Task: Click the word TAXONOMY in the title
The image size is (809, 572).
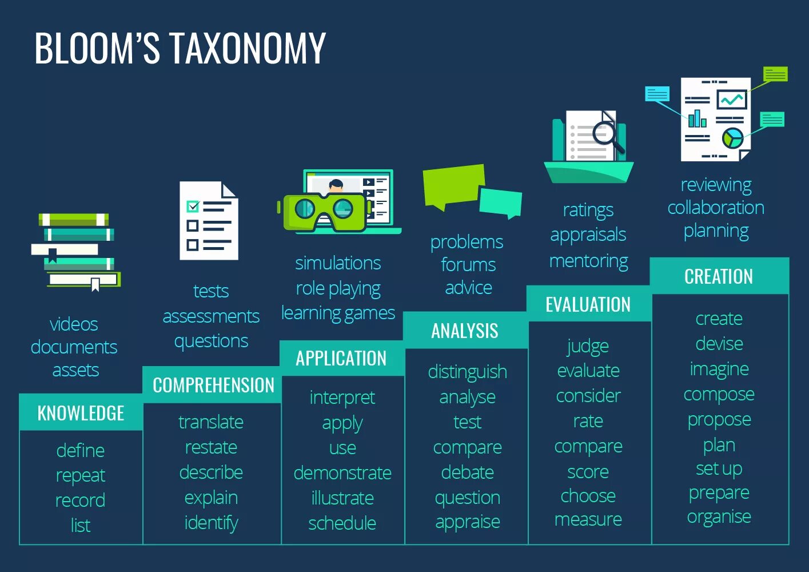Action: [x=248, y=48]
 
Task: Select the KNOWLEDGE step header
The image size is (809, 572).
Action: [x=81, y=413]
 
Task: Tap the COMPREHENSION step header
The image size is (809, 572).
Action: [x=213, y=386]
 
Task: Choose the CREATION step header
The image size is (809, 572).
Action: [x=719, y=277]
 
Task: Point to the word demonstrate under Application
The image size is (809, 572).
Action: [x=342, y=473]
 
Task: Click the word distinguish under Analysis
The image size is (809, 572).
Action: [x=467, y=372]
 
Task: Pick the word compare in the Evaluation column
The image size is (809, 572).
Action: [x=588, y=446]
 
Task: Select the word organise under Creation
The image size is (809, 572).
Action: [x=719, y=517]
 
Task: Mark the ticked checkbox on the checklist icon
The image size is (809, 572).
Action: [x=193, y=206]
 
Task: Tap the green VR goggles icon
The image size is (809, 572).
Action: [x=324, y=212]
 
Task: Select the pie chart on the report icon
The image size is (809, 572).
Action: [x=732, y=137]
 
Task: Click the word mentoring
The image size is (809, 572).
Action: [x=588, y=261]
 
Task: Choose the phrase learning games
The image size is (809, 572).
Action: [x=338, y=313]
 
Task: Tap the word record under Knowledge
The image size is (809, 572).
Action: [x=80, y=500]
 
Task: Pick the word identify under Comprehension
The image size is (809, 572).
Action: [x=211, y=523]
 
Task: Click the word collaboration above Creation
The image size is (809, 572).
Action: [x=716, y=208]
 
